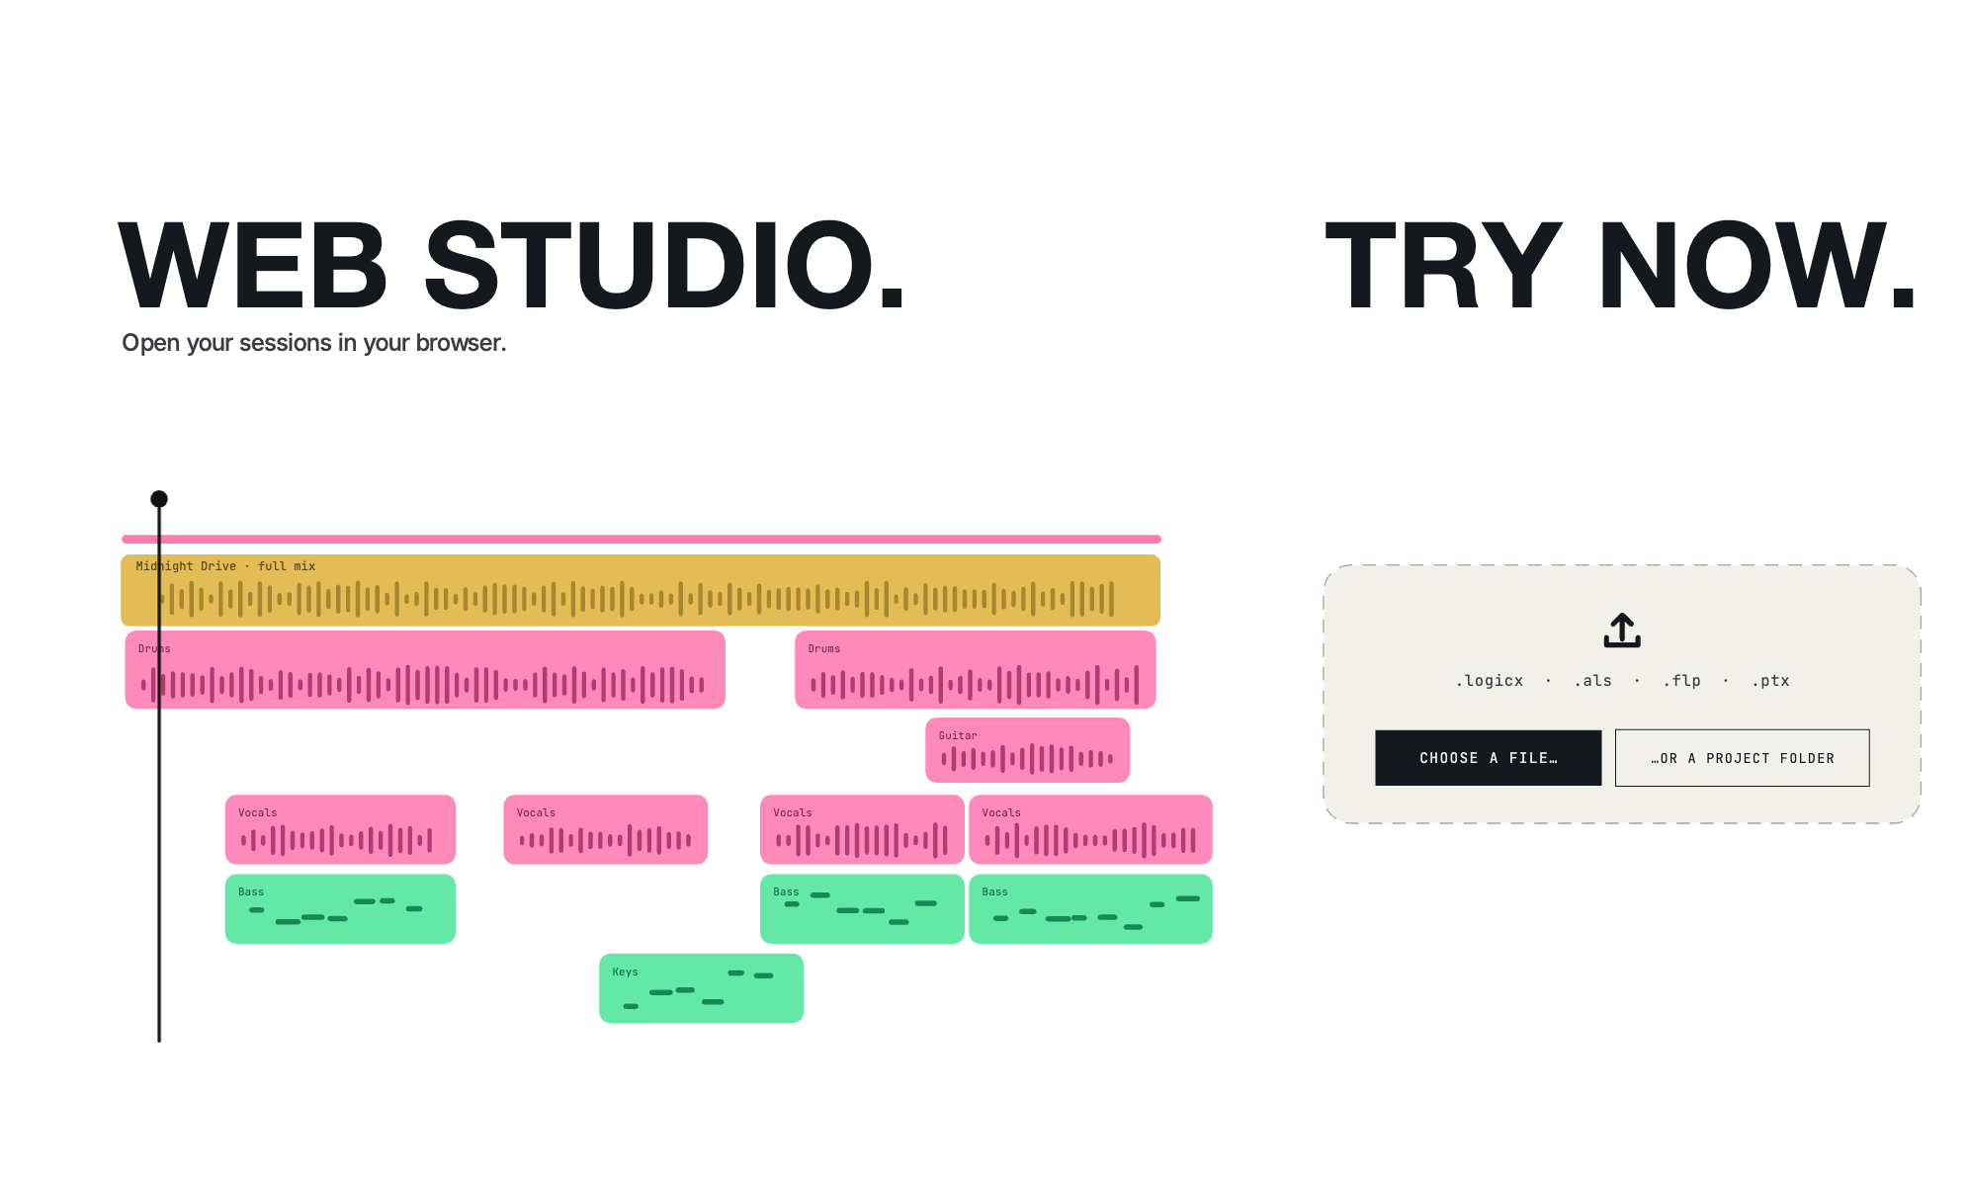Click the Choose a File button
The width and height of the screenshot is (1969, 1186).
coord(1488,758)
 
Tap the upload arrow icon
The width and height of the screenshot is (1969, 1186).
coord(1622,631)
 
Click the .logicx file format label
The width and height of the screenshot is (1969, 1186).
coord(1489,681)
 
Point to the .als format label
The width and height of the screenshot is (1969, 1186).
coord(1592,681)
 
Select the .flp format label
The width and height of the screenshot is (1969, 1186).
coord(1681,681)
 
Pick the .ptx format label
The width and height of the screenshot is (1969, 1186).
coord(1770,681)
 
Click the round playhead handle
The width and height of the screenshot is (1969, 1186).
coord(159,499)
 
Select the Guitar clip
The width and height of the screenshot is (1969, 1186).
coord(1027,750)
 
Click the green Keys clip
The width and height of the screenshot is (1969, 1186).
coord(701,988)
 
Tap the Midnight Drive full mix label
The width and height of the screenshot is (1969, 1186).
coord(225,566)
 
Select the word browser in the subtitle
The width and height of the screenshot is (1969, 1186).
coord(461,343)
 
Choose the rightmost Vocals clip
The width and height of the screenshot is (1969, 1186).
coord(1090,829)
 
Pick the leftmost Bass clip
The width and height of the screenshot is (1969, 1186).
coord(340,909)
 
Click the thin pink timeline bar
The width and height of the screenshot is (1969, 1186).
coord(641,539)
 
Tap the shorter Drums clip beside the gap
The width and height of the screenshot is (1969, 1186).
coord(975,670)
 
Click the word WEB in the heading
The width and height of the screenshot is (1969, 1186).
coord(253,265)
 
